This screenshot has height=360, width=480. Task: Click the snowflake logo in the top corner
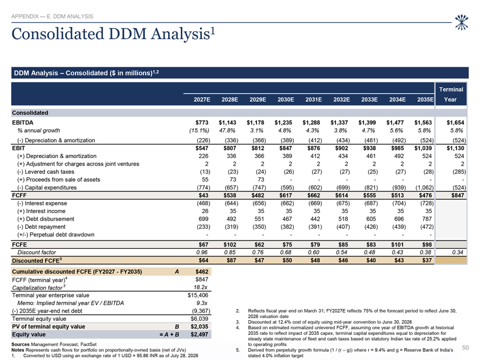coord(461,22)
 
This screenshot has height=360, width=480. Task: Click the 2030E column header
coord(286,100)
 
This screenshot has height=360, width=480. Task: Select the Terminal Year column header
coord(451,94)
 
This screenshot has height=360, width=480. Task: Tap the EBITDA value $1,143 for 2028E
coord(228,122)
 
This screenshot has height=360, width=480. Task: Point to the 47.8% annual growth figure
coord(227,131)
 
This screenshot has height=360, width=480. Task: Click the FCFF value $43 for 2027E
coord(203,196)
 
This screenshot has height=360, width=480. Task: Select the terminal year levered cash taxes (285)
coord(459,172)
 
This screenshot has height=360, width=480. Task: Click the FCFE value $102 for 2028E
coord(230,245)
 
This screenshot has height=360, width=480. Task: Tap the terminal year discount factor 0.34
coord(457,252)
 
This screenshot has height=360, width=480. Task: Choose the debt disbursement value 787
coord(427,219)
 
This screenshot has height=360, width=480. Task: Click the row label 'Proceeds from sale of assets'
coord(63,180)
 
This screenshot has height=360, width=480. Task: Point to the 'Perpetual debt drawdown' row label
coord(62,235)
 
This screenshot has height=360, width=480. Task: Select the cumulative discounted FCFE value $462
coord(202,272)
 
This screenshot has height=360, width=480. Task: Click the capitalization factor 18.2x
coord(201,287)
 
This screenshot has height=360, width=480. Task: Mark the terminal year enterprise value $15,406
coord(198,296)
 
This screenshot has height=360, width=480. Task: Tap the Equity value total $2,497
coord(199,335)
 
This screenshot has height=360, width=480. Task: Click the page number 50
coord(465,348)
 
